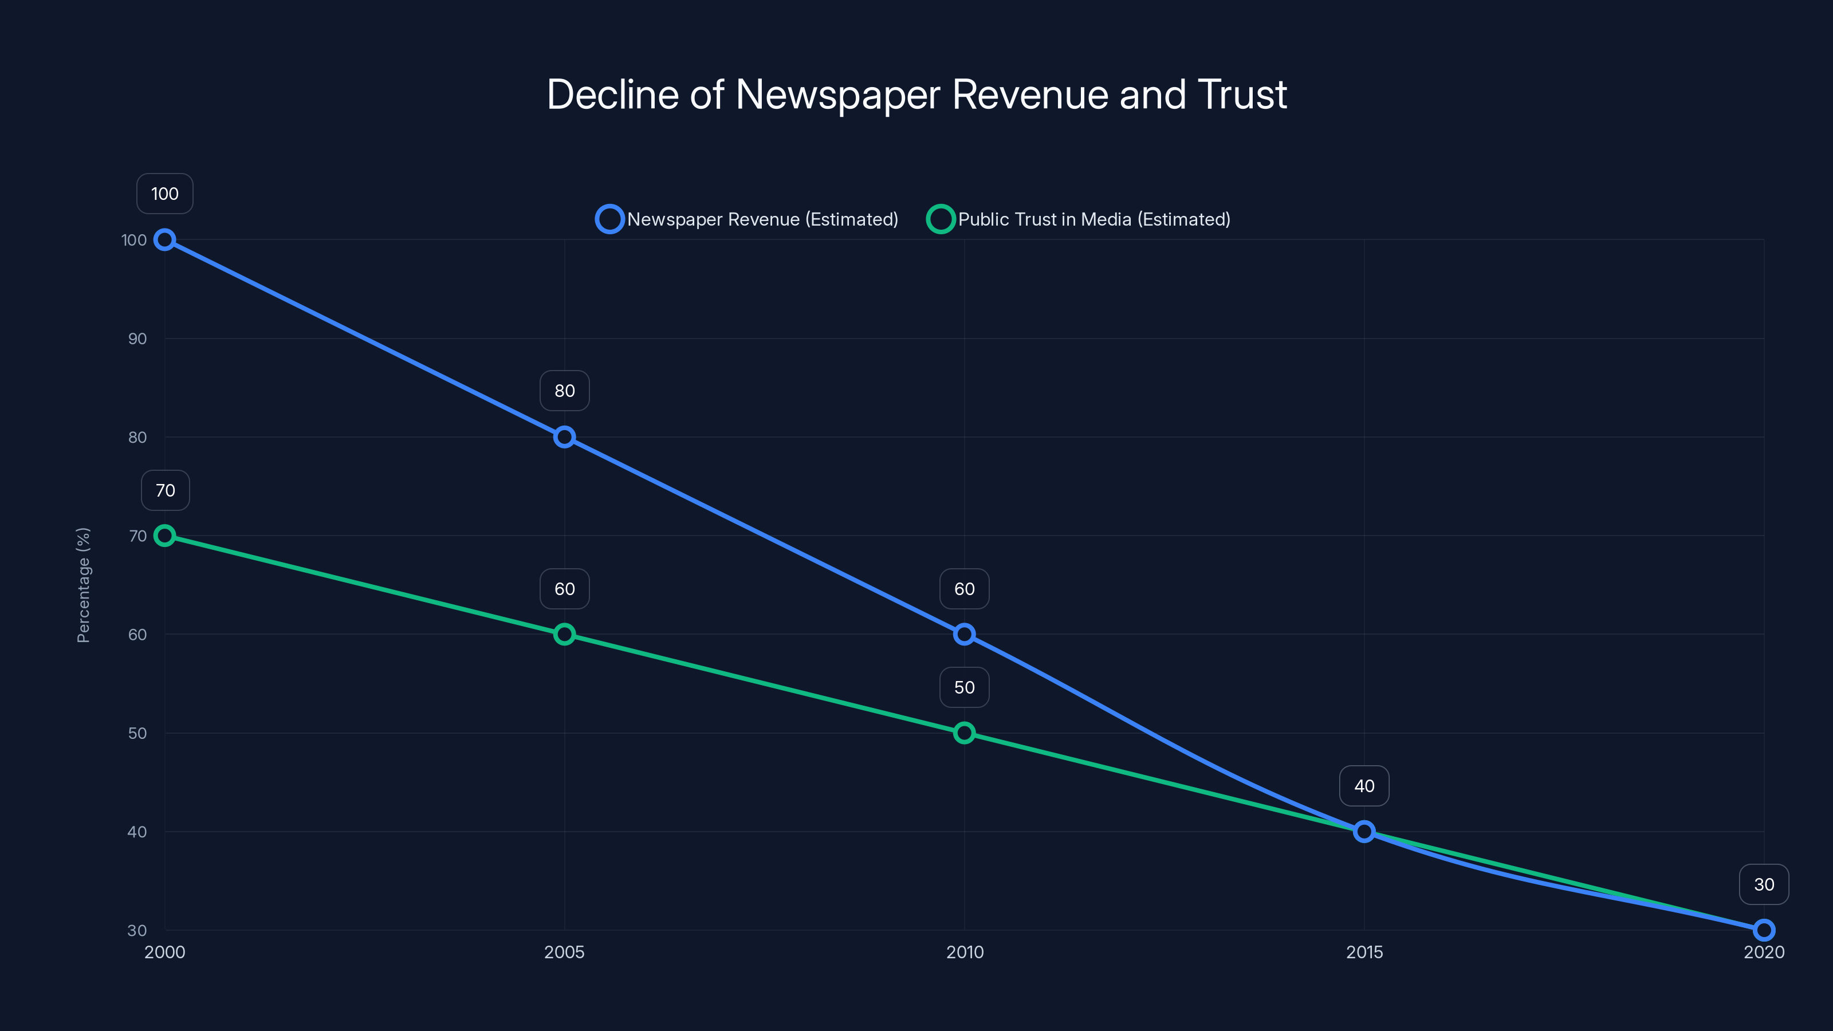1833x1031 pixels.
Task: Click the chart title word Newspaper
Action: (x=837, y=95)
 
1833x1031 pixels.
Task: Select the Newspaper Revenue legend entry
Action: (x=747, y=219)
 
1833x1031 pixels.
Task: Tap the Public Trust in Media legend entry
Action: (x=1079, y=219)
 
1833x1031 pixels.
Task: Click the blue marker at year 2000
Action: (x=164, y=240)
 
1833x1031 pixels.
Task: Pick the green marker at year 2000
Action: (x=164, y=536)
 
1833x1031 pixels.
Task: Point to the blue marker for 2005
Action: (x=564, y=437)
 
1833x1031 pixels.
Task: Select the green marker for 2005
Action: (x=564, y=634)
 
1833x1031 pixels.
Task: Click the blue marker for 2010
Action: (x=964, y=634)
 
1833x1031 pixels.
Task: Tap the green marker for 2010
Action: (x=964, y=733)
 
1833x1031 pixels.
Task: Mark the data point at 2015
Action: (x=1364, y=831)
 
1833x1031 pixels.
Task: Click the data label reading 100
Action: (x=164, y=194)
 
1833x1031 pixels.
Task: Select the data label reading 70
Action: (x=165, y=490)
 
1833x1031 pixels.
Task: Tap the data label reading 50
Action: (x=964, y=687)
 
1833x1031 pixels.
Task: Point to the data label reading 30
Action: (x=1764, y=884)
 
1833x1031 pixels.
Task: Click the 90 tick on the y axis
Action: (x=137, y=339)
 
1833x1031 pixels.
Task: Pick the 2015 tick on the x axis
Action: (x=1364, y=952)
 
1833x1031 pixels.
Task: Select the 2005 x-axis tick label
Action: (x=564, y=952)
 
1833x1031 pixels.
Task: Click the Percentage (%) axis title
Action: (x=83, y=585)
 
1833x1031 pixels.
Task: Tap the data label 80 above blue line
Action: (x=564, y=391)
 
